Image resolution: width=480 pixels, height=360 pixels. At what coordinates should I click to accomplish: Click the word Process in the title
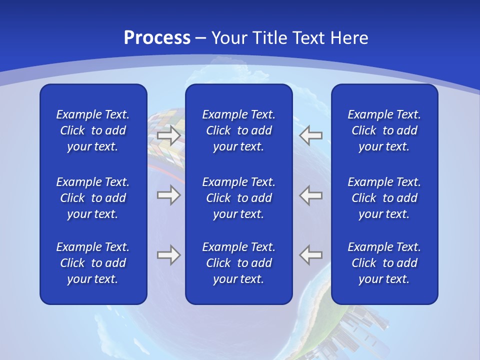pos(157,38)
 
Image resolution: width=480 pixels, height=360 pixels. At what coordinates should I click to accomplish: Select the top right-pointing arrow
pos(168,135)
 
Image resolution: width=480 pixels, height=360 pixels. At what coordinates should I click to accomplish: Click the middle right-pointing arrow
pos(168,195)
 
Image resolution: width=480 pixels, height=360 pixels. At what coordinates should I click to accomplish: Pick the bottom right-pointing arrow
pos(168,255)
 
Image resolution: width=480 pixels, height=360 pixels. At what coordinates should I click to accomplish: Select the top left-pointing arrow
pos(311,135)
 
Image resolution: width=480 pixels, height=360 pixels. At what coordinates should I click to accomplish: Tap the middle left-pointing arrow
pos(311,195)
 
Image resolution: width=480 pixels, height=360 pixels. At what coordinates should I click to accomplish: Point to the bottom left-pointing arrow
pos(311,255)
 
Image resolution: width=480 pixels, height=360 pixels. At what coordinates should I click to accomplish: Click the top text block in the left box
pos(93,130)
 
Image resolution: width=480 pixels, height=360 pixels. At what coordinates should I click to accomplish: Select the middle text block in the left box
pos(93,198)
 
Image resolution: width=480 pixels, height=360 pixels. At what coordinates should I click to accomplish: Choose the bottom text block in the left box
pos(93,263)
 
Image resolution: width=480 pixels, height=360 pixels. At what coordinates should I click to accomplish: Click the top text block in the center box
pos(238,130)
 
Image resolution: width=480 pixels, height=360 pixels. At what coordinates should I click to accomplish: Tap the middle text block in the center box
pos(238,198)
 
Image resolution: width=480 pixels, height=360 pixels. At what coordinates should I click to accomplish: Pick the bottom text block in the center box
pos(238,263)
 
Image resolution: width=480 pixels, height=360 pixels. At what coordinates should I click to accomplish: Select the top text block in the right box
pos(384,130)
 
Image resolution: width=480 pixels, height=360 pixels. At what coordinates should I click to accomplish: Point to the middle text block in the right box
pos(384,198)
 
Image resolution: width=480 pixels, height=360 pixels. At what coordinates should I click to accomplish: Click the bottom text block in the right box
pos(384,263)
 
